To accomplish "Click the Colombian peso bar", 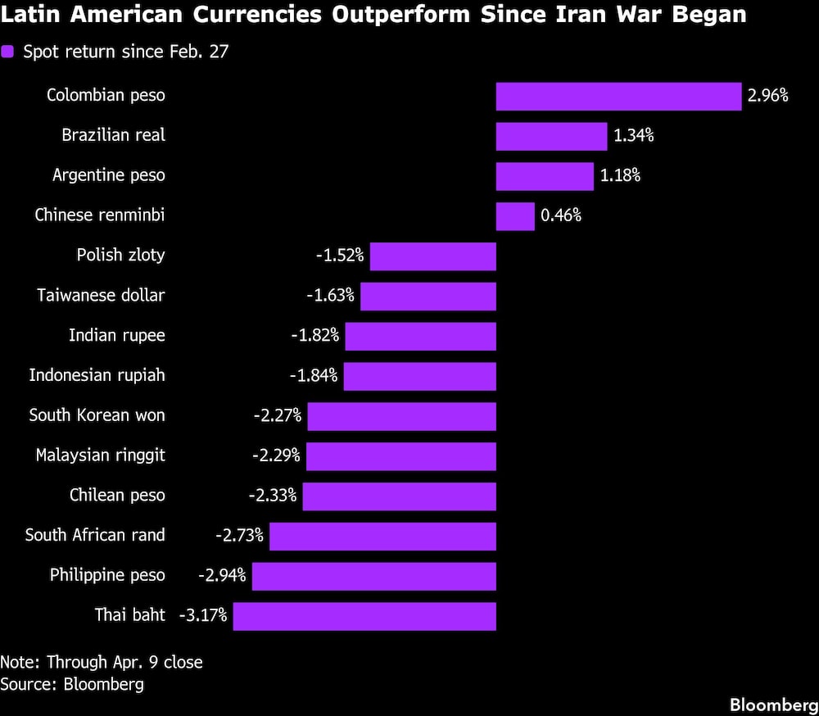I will [618, 96].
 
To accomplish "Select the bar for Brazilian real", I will [551, 136].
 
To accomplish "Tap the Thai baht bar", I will [364, 616].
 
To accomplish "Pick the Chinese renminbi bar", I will [515, 216].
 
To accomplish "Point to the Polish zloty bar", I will [433, 256].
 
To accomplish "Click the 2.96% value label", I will [767, 96].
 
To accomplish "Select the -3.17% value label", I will [202, 614].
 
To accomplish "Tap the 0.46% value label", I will [560, 216].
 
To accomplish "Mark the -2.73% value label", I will [239, 535].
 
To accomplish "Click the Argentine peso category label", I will [108, 175].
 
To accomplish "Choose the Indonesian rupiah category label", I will [97, 375].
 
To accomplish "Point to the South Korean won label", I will [97, 415].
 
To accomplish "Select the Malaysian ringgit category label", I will [100, 455].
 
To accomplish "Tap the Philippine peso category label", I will [107, 575].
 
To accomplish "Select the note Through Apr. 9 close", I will [102, 662].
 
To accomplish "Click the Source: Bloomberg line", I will [72, 684].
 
